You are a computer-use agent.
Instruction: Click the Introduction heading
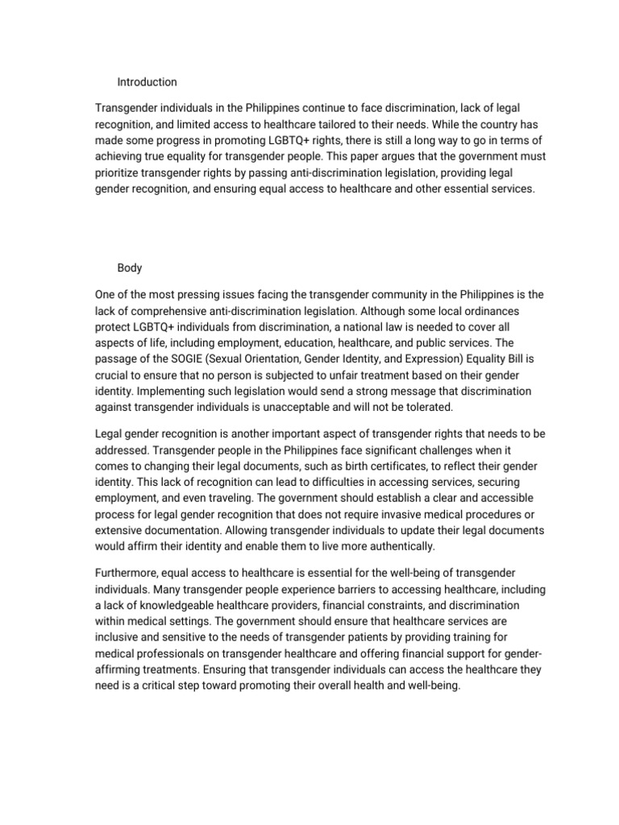(x=147, y=82)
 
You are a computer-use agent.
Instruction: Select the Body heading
(x=129, y=269)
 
